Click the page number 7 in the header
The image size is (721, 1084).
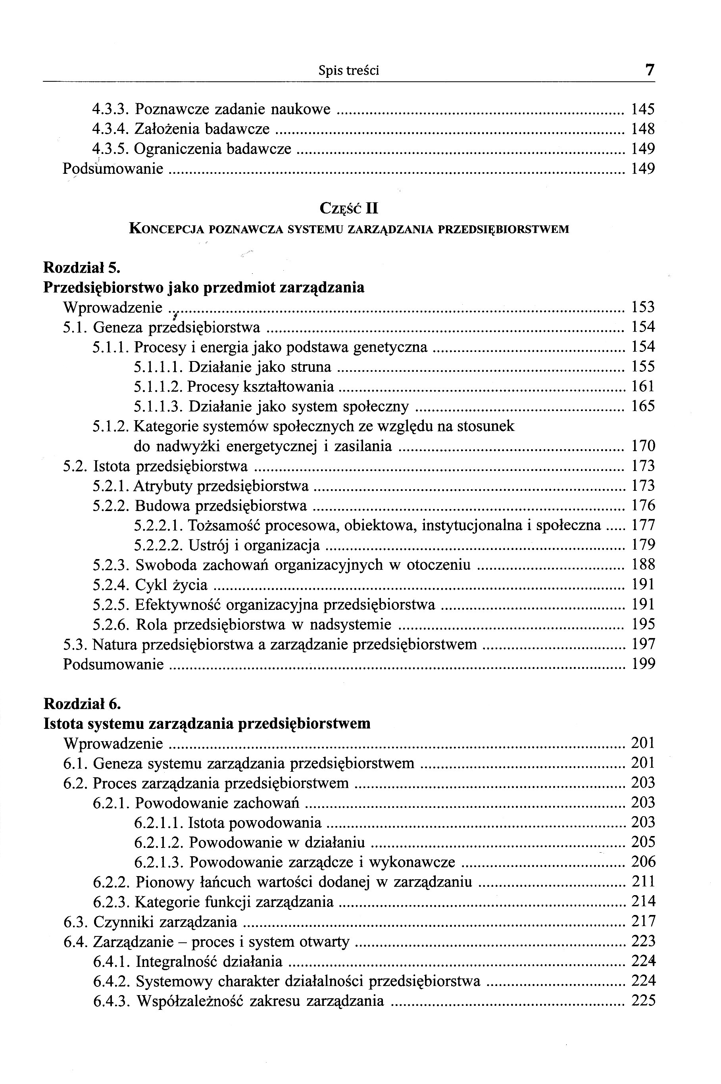coord(649,70)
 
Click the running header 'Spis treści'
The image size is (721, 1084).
coord(348,71)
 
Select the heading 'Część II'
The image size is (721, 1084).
coord(348,209)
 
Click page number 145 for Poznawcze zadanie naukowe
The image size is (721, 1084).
coord(643,110)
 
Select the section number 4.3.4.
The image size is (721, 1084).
coord(110,129)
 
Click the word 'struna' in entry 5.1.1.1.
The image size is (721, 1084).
coord(311,367)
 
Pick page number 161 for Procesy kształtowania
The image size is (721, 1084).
coord(643,386)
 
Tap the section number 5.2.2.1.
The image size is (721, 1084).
coord(159,525)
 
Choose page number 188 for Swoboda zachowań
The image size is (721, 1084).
coord(643,565)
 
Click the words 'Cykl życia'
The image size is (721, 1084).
coord(171,585)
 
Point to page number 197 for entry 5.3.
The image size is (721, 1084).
coord(643,644)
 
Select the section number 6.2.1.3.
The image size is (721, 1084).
coord(159,862)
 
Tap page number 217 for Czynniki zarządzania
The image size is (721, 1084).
coord(643,922)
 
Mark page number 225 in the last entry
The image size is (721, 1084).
coord(643,1001)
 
